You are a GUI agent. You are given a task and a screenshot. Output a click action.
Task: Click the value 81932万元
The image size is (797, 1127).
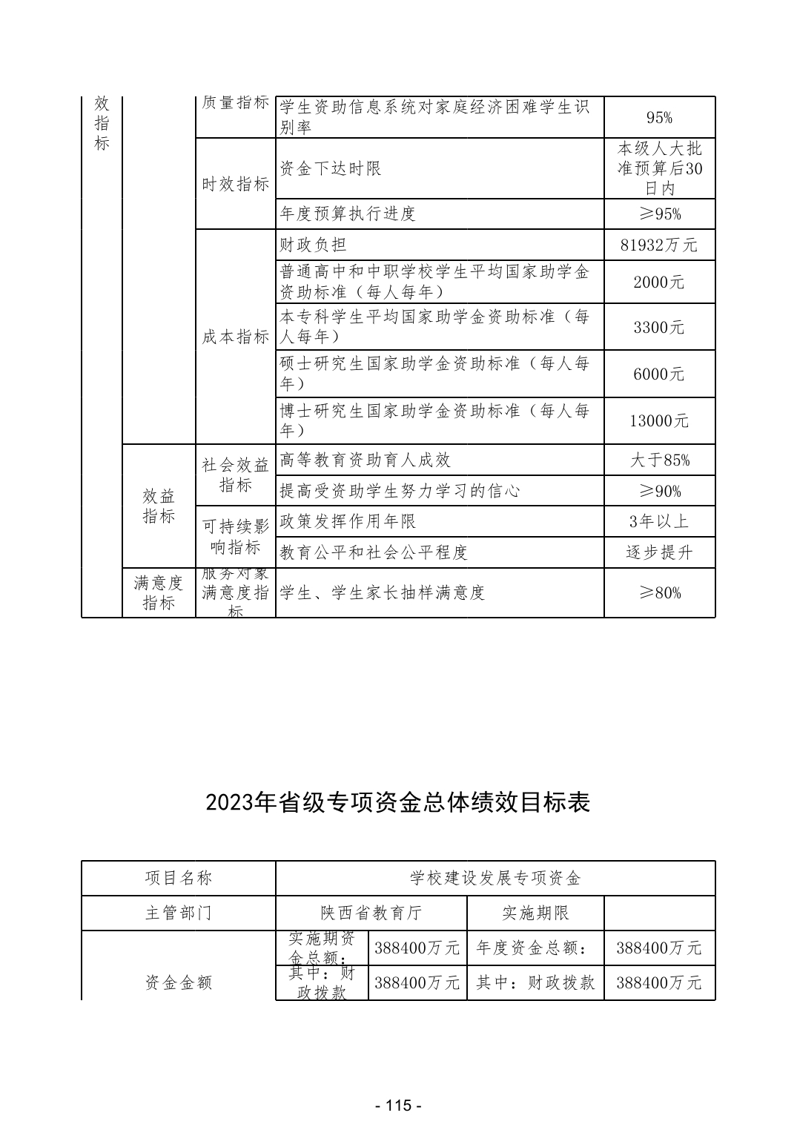[659, 245]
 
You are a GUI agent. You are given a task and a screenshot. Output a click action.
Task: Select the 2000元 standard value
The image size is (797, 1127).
[659, 282]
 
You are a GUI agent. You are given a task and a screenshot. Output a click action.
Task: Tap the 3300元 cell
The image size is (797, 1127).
[659, 328]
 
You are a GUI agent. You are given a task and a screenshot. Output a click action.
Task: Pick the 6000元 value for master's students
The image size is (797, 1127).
[659, 374]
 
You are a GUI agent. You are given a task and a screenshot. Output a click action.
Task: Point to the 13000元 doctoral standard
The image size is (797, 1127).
[659, 421]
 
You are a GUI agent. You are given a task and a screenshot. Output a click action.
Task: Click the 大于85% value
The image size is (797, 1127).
[659, 460]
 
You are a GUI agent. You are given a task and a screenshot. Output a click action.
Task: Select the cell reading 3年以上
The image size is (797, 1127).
[659, 522]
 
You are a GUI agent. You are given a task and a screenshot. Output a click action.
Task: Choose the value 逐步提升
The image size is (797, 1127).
[659, 553]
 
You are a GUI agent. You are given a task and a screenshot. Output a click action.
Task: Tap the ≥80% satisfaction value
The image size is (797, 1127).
[659, 593]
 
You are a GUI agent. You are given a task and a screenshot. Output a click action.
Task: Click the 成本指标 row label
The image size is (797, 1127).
[235, 337]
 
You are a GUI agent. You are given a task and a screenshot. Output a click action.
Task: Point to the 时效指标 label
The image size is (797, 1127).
[235, 185]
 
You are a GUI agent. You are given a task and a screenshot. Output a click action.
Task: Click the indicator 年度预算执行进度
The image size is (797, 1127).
[348, 214]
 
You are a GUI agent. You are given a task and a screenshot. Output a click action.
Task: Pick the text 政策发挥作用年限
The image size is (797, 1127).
[348, 522]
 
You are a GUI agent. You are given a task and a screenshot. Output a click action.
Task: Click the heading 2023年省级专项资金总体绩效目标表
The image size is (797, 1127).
[398, 803]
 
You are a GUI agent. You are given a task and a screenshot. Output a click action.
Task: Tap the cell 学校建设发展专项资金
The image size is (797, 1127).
[495, 879]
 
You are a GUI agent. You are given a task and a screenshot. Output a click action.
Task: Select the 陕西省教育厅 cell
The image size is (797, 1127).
[371, 913]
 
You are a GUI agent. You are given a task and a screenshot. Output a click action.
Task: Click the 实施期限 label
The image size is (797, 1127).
[535, 913]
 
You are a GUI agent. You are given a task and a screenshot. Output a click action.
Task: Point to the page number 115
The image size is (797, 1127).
[398, 1105]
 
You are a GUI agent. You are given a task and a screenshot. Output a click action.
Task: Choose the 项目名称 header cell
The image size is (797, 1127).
[178, 879]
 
